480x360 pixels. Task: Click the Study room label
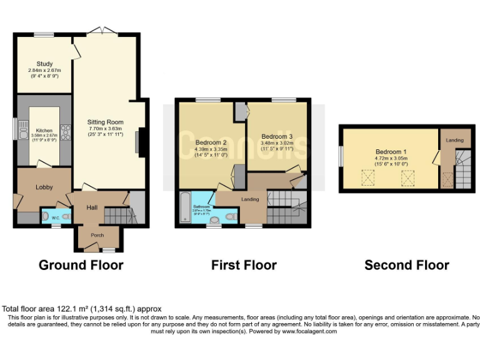(44, 64)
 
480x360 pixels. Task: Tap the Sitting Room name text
(106, 122)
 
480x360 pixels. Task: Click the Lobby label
(44, 187)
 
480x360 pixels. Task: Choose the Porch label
(97, 235)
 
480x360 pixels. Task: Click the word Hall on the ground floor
(92, 207)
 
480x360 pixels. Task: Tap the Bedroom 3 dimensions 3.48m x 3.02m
(277, 143)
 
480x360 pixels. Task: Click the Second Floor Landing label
(454, 141)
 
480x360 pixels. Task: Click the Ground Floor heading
(81, 265)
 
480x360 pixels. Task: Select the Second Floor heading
(406, 265)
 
